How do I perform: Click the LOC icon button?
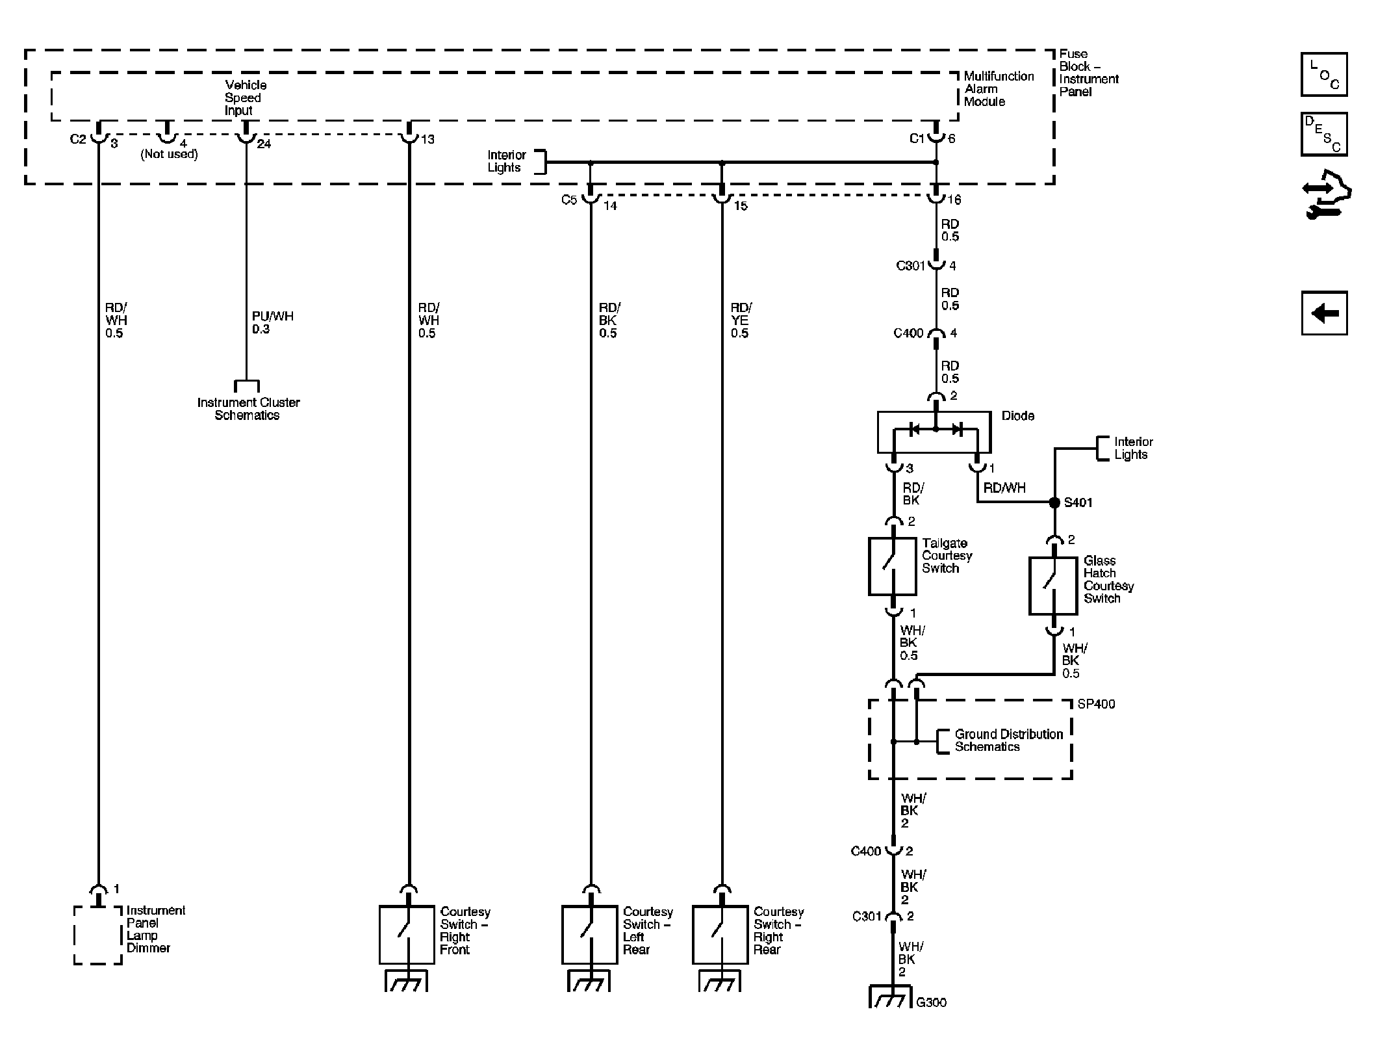click(x=1323, y=75)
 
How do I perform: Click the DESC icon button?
click(x=1323, y=134)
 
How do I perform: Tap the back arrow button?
click(x=1323, y=313)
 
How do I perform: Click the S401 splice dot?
click(x=1054, y=502)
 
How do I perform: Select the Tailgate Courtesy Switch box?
click(x=892, y=566)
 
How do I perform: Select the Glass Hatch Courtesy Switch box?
click(x=1052, y=585)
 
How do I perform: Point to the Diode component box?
click(x=934, y=432)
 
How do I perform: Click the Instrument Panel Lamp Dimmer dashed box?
click(x=97, y=935)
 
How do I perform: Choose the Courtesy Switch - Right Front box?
click(x=407, y=935)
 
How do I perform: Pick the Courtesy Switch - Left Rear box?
click(x=589, y=935)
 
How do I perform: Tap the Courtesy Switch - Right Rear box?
click(x=720, y=935)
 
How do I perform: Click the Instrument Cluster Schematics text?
click(x=248, y=409)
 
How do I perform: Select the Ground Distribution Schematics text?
click(x=1008, y=740)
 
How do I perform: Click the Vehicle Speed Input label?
click(x=245, y=98)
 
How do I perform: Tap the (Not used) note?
click(x=169, y=154)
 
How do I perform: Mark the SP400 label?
click(x=1095, y=704)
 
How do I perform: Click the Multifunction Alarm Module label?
click(x=998, y=89)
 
